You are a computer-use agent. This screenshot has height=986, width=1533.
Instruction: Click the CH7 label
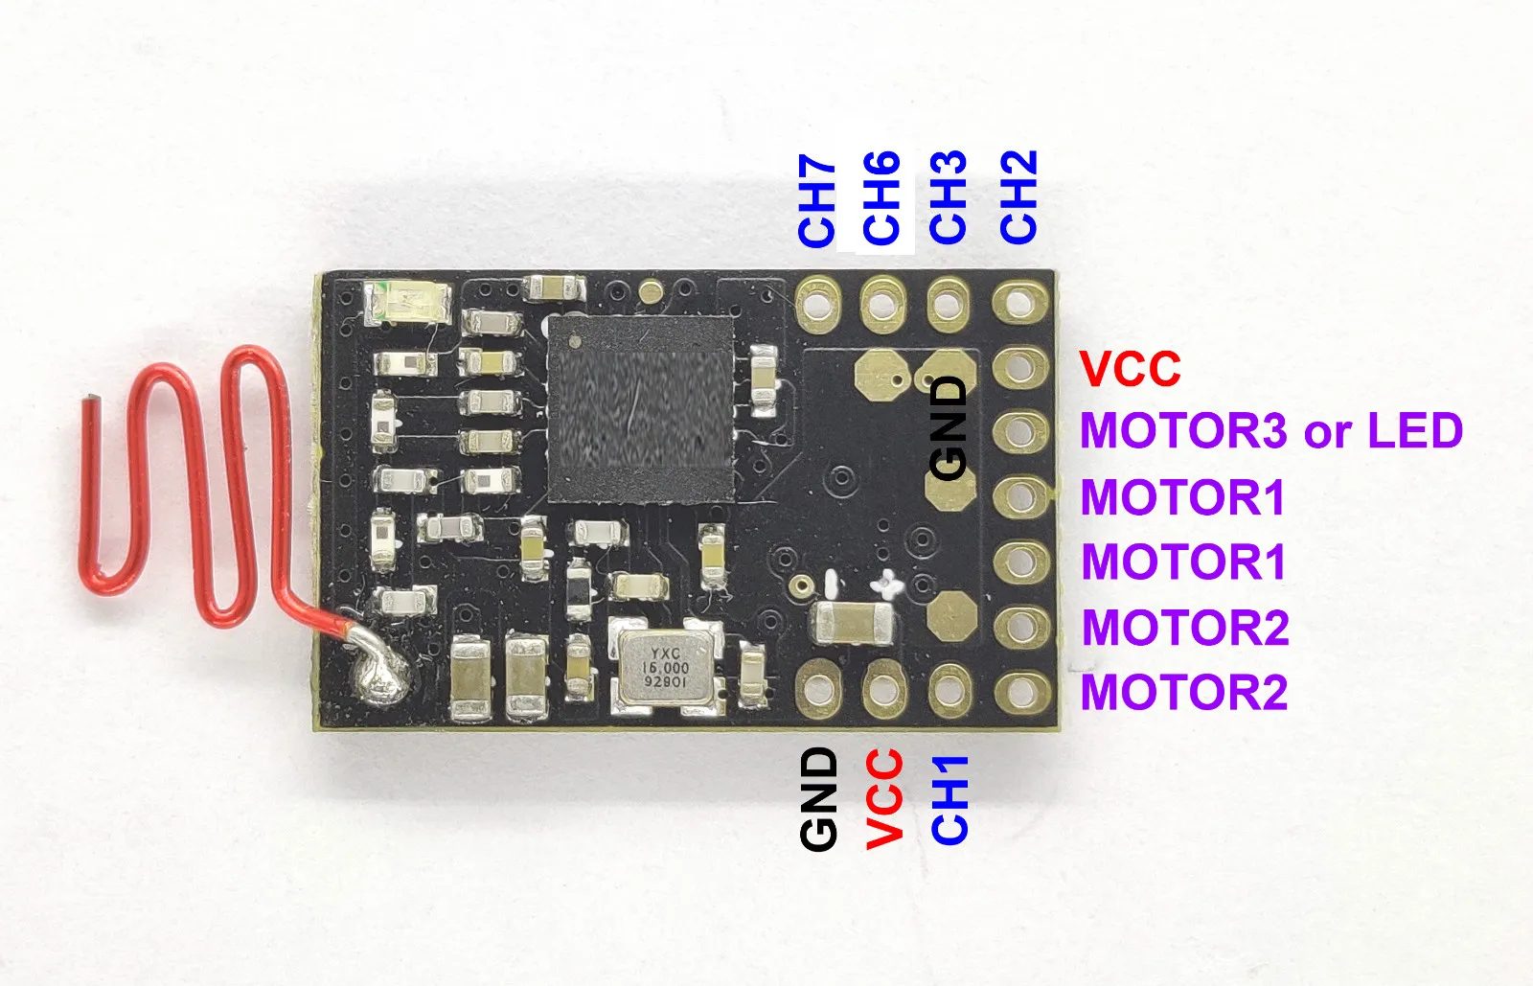[x=816, y=200]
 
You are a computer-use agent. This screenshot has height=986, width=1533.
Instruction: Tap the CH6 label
[x=881, y=198]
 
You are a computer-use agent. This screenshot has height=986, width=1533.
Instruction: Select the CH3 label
[x=948, y=197]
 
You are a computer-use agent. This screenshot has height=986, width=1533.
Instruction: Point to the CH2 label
[x=1018, y=196]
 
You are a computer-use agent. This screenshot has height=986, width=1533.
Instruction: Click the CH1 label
[x=950, y=800]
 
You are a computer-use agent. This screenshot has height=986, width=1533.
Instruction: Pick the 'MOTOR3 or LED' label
[x=1270, y=431]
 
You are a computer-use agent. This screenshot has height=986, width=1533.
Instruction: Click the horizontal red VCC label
[x=1130, y=369]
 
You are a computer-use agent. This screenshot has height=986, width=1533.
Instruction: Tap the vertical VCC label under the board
[x=883, y=798]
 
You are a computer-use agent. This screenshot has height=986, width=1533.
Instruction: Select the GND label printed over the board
[x=949, y=427]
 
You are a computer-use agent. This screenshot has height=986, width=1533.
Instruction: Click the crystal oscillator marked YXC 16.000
[x=666, y=666]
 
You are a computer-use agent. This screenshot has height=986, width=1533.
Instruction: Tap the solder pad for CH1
[x=949, y=688]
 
